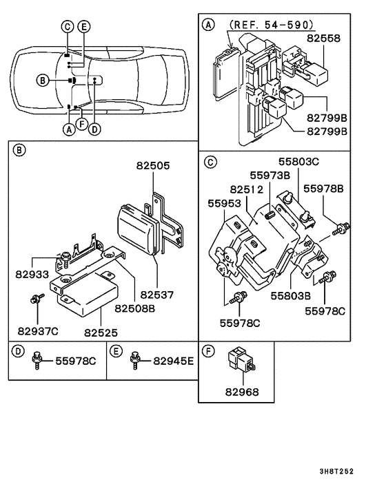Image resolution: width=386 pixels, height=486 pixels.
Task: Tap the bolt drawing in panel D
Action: tap(38, 360)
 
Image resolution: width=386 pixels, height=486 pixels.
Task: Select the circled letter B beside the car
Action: tap(43, 81)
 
